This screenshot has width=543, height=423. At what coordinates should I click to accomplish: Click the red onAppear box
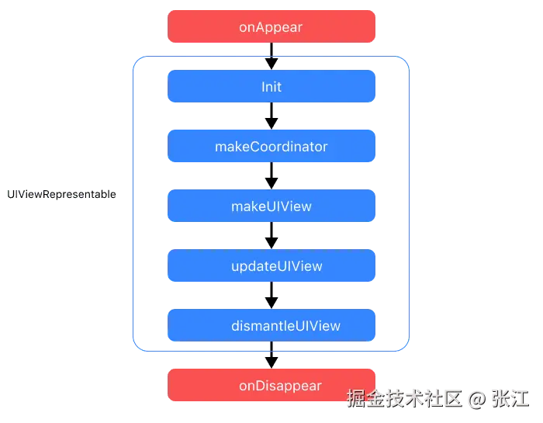[271, 27]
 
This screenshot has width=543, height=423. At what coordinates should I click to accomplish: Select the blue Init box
[271, 86]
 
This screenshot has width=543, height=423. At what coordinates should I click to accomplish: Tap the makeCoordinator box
[271, 146]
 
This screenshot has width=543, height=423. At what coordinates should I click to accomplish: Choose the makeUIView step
[271, 206]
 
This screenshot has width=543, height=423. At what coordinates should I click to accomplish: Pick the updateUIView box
[271, 265]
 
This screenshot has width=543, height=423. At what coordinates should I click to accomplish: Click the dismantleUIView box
[271, 325]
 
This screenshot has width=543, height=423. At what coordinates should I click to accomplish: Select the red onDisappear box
[271, 385]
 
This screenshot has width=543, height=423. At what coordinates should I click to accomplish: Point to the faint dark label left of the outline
[61, 193]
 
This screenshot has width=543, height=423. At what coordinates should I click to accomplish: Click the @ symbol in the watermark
[476, 398]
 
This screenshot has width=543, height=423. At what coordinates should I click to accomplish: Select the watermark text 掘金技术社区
[404, 398]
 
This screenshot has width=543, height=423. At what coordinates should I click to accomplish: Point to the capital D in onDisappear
[259, 385]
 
